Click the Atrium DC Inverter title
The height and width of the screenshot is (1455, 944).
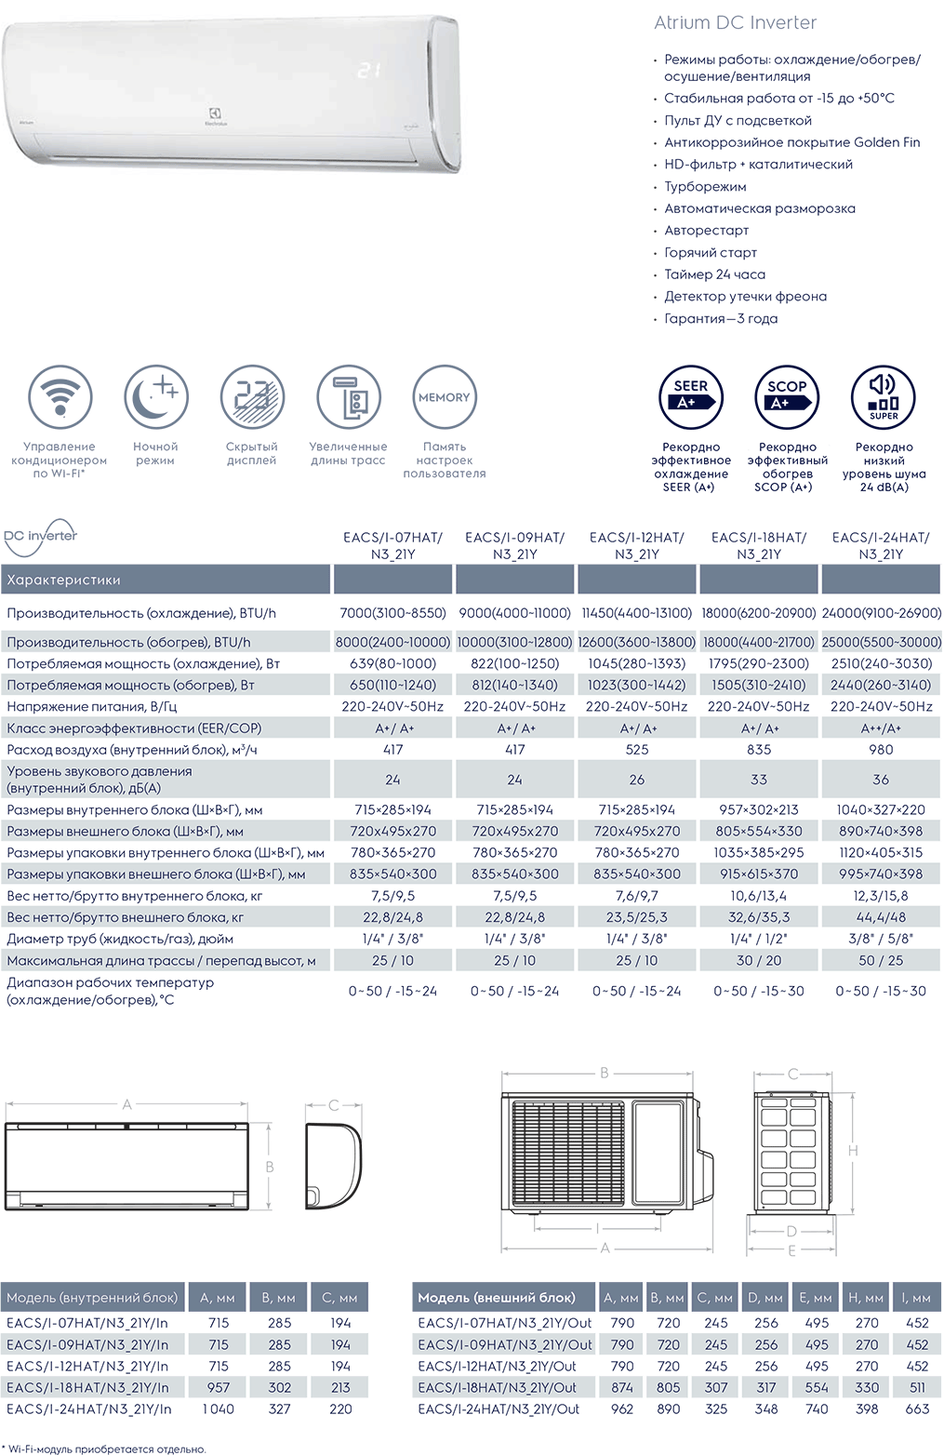click(x=735, y=22)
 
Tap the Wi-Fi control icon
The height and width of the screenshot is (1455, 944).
click(x=60, y=397)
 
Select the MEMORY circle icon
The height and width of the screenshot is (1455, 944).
click(x=445, y=397)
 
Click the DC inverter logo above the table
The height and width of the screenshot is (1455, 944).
click(x=41, y=536)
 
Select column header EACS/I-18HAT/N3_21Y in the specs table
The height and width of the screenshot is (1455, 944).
click(x=759, y=545)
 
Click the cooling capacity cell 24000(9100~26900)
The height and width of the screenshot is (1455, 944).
click(x=882, y=613)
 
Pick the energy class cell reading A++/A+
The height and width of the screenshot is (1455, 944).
click(x=881, y=728)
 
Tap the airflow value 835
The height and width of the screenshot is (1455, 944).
click(x=759, y=750)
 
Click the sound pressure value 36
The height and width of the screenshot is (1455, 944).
click(x=881, y=780)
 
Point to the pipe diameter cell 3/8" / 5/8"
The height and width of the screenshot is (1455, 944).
click(x=881, y=939)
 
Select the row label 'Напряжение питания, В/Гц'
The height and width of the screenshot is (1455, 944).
click(x=91, y=707)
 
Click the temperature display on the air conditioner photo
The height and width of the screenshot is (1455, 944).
click(x=369, y=70)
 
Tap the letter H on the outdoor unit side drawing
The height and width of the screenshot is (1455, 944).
click(x=853, y=1151)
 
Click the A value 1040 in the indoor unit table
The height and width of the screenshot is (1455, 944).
click(x=219, y=1408)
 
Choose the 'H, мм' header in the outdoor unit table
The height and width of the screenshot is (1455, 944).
click(x=867, y=1298)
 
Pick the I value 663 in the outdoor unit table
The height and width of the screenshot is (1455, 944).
click(x=917, y=1408)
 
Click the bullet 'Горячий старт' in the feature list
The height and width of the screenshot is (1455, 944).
click(x=711, y=252)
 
